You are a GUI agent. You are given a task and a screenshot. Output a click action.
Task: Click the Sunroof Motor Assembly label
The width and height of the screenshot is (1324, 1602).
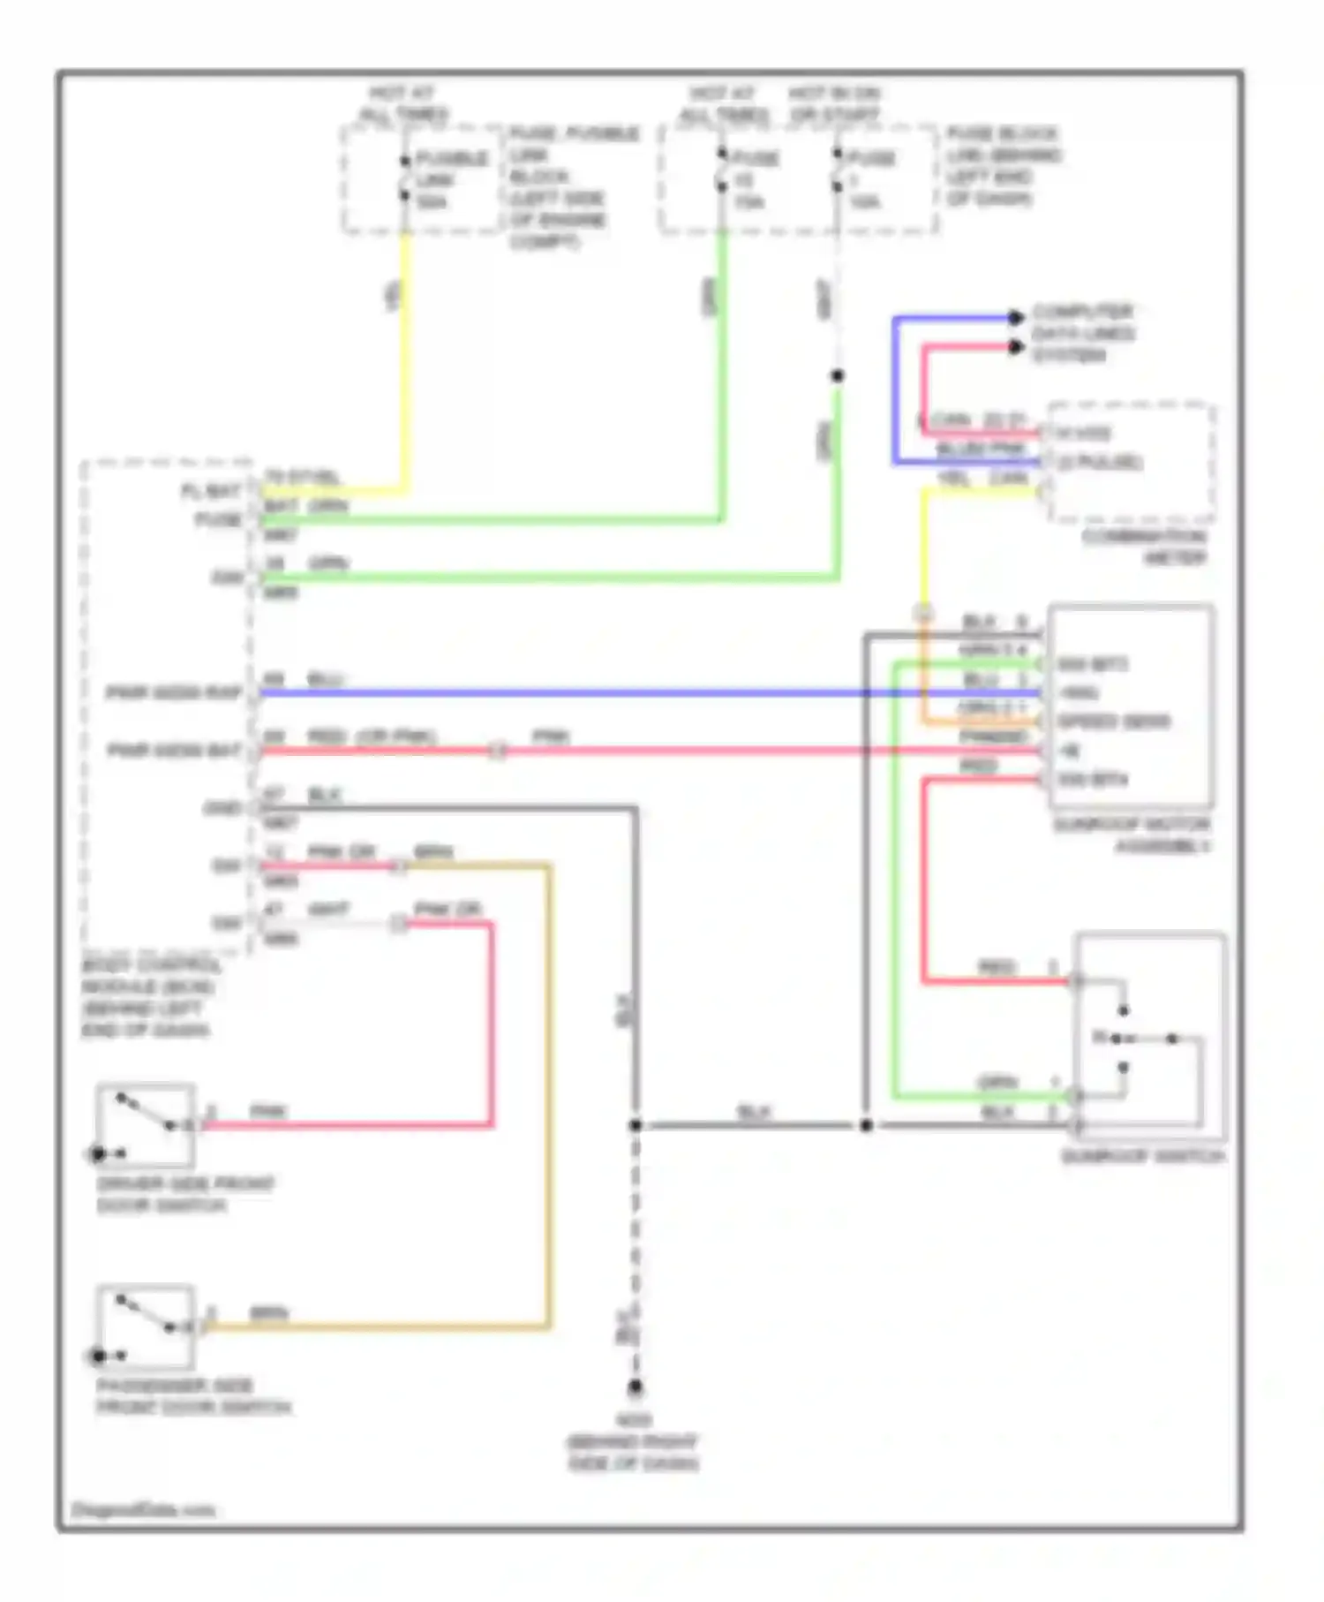(x=1132, y=835)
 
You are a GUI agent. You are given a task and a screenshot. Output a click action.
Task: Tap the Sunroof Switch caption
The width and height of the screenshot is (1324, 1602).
(x=1142, y=1156)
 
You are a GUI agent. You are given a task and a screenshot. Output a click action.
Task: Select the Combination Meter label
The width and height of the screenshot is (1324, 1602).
(x=1144, y=547)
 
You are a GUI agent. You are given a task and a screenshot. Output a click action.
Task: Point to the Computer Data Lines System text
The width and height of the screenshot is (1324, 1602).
(x=1082, y=333)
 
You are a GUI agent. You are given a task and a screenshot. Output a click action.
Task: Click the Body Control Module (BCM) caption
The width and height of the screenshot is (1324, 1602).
(x=148, y=997)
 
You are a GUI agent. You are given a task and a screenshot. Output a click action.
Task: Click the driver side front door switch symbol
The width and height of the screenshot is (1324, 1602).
(x=145, y=1125)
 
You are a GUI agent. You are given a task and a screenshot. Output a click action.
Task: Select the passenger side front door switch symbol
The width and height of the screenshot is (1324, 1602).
(x=145, y=1326)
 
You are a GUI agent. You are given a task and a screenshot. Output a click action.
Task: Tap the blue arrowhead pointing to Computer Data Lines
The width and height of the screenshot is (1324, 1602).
(x=1016, y=317)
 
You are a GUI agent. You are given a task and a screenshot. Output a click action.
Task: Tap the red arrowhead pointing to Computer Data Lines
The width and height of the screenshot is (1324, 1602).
(x=1016, y=347)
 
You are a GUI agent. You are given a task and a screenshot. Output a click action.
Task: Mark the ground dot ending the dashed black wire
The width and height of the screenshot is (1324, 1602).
(x=635, y=1387)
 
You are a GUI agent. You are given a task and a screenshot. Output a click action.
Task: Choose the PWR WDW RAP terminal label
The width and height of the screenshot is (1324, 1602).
(x=174, y=692)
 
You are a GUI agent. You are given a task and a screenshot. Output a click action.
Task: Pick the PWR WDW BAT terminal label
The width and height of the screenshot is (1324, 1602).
(x=174, y=751)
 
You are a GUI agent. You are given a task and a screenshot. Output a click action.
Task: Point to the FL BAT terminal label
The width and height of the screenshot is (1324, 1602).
(x=210, y=491)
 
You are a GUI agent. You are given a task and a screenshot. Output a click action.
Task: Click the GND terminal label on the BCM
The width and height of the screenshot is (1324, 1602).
(x=222, y=808)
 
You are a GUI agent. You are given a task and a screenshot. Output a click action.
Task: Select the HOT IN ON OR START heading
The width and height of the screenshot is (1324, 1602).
(x=834, y=104)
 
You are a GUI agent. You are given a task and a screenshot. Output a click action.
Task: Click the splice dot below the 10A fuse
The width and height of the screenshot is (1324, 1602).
(x=837, y=376)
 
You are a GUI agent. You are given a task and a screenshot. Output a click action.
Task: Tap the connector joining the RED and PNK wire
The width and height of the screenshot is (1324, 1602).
(x=498, y=752)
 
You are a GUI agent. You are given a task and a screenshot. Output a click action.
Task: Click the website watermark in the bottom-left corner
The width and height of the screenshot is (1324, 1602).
(x=143, y=1509)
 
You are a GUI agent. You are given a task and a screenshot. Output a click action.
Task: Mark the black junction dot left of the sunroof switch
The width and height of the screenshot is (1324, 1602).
(x=866, y=1125)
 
